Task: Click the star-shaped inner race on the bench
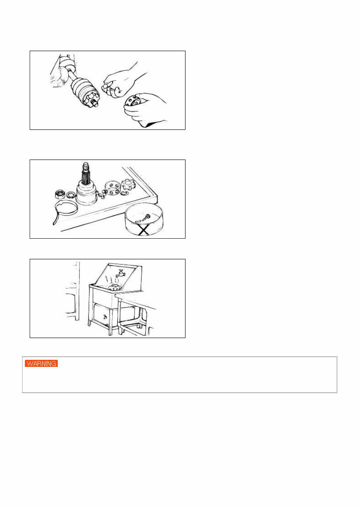pyautogui.click(x=129, y=185)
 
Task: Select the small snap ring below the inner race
pyautogui.click(x=123, y=194)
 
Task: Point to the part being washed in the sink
pyautogui.click(x=116, y=288)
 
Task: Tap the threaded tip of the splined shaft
pyautogui.click(x=86, y=164)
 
